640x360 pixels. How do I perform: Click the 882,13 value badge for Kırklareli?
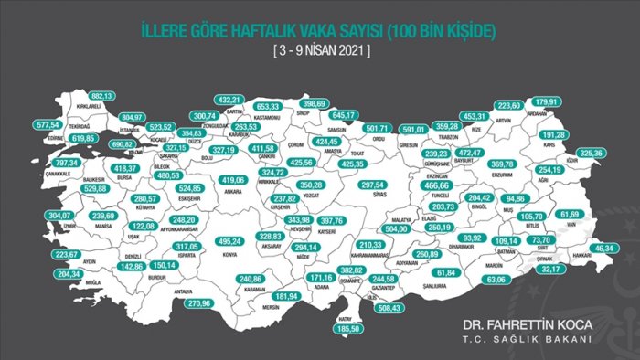[x=100, y=95]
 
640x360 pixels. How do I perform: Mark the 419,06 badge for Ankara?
[x=236, y=181]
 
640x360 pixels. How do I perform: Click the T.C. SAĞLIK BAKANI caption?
[x=528, y=339]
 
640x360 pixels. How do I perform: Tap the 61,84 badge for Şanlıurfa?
[x=446, y=272]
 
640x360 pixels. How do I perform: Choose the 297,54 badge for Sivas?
[x=373, y=184]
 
